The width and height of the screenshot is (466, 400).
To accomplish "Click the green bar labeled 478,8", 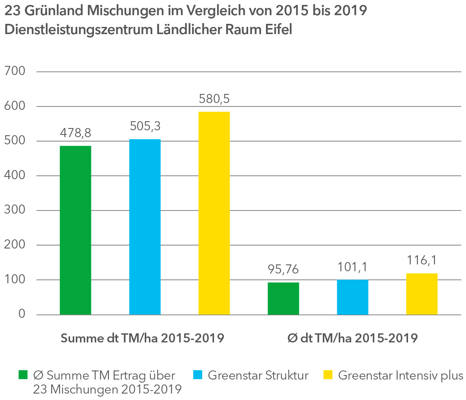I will click(75, 230).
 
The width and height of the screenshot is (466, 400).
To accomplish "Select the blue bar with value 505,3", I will click(145, 227).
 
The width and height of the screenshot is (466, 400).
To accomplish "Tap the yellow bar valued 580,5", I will click(214, 213).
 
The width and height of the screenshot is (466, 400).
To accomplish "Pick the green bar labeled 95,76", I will click(283, 298).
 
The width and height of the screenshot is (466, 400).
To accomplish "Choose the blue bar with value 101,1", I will click(352, 297).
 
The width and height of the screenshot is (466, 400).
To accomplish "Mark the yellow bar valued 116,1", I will click(422, 294).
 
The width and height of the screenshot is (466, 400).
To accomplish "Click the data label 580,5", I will click(214, 99).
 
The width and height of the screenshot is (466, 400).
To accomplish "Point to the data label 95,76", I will click(283, 269).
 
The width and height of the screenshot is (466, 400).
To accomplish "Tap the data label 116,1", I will click(422, 260).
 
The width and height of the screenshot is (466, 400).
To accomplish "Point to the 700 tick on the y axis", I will click(15, 71).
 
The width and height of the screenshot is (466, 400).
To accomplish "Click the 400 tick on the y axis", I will click(15, 175).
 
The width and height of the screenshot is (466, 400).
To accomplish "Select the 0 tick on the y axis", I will click(22, 314).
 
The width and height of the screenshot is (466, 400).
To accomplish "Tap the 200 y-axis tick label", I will click(15, 245).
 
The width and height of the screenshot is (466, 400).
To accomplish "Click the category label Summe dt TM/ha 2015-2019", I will click(142, 338).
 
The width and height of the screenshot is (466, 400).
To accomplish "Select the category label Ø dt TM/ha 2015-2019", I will click(352, 338).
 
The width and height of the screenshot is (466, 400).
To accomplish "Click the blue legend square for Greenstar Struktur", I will click(198, 375).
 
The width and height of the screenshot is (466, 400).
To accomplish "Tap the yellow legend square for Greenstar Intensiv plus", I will click(328, 375).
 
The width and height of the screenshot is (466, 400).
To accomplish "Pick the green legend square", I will click(23, 375).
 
